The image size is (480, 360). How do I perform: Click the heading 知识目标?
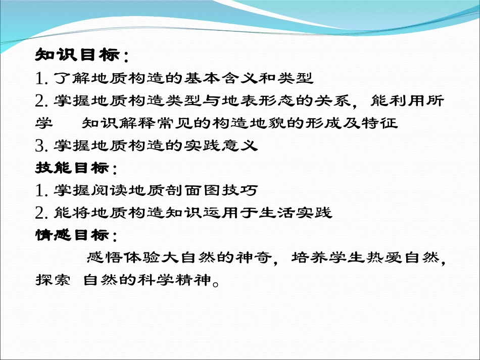(77, 55)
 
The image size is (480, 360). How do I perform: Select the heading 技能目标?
(72, 168)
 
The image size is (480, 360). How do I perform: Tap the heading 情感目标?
(72, 235)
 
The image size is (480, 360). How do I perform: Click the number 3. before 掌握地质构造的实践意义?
(41, 145)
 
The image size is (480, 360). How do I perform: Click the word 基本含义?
(220, 78)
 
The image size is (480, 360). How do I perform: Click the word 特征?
(379, 123)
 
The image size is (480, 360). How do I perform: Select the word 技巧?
(239, 190)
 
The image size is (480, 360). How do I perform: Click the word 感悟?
(105, 258)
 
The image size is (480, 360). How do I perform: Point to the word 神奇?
(254, 258)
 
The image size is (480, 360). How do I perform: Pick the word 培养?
(310, 258)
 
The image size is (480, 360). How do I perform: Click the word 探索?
(53, 280)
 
